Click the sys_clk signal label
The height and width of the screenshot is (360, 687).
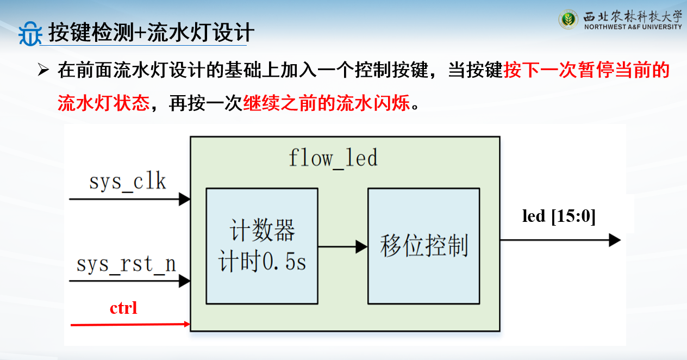coord(128,182)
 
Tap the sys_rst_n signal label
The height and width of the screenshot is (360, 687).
coord(126,264)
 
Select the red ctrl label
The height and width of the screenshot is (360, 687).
coord(123,308)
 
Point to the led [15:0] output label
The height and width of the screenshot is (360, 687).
coord(559,216)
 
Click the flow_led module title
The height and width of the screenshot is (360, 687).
coord(333,158)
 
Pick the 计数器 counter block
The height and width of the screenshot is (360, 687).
coord(262,246)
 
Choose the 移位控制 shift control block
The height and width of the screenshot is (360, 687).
coord(423,246)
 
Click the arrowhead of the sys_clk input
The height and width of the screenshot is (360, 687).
coord(185,199)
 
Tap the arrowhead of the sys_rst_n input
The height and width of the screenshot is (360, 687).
coord(185,281)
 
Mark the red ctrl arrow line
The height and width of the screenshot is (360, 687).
coord(130,325)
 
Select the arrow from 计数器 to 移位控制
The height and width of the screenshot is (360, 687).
coord(343,246)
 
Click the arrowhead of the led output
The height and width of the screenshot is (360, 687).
coord(615,240)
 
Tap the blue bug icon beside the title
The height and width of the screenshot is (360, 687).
coord(30,34)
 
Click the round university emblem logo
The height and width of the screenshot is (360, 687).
coord(569,20)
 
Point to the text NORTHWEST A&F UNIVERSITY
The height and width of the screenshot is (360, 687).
coord(633,27)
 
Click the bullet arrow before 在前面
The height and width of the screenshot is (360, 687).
coord(43,70)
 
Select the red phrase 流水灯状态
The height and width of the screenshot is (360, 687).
coord(103,103)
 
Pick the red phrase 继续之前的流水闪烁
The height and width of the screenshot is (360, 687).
coord(327,103)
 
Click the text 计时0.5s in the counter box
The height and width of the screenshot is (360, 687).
coord(262,262)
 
